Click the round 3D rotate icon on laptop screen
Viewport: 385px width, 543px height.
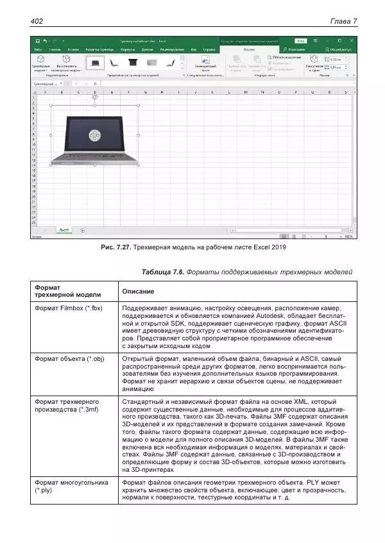click(x=94, y=135)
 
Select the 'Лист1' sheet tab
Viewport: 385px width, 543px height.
click(x=64, y=229)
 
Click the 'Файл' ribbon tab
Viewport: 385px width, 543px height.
click(x=38, y=49)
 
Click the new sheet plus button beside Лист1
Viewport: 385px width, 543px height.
click(x=82, y=229)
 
